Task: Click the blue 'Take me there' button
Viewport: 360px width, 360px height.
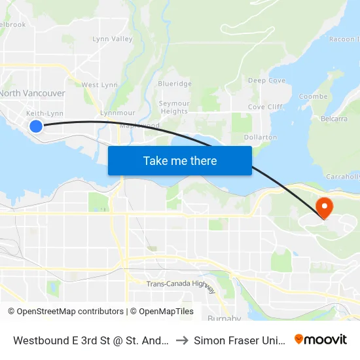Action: click(x=179, y=160)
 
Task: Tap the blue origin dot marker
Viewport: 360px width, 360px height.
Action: click(x=36, y=126)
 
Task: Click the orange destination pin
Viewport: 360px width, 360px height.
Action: click(x=324, y=208)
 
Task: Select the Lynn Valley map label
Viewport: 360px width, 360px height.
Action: click(x=113, y=39)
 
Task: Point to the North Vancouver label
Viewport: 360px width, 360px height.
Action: click(x=32, y=94)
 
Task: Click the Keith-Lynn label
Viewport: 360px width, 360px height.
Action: click(x=45, y=113)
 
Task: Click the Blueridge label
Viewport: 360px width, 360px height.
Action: click(x=175, y=84)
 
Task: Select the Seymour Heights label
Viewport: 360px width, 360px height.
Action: click(x=175, y=107)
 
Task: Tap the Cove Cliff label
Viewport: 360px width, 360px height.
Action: click(x=265, y=107)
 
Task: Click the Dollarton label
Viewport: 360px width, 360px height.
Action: click(x=261, y=137)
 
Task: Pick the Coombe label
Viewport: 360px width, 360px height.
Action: click(x=313, y=96)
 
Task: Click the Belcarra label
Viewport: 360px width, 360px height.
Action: click(x=335, y=120)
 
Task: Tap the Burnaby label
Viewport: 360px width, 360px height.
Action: click(x=224, y=319)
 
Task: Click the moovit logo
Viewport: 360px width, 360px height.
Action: click(x=321, y=340)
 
